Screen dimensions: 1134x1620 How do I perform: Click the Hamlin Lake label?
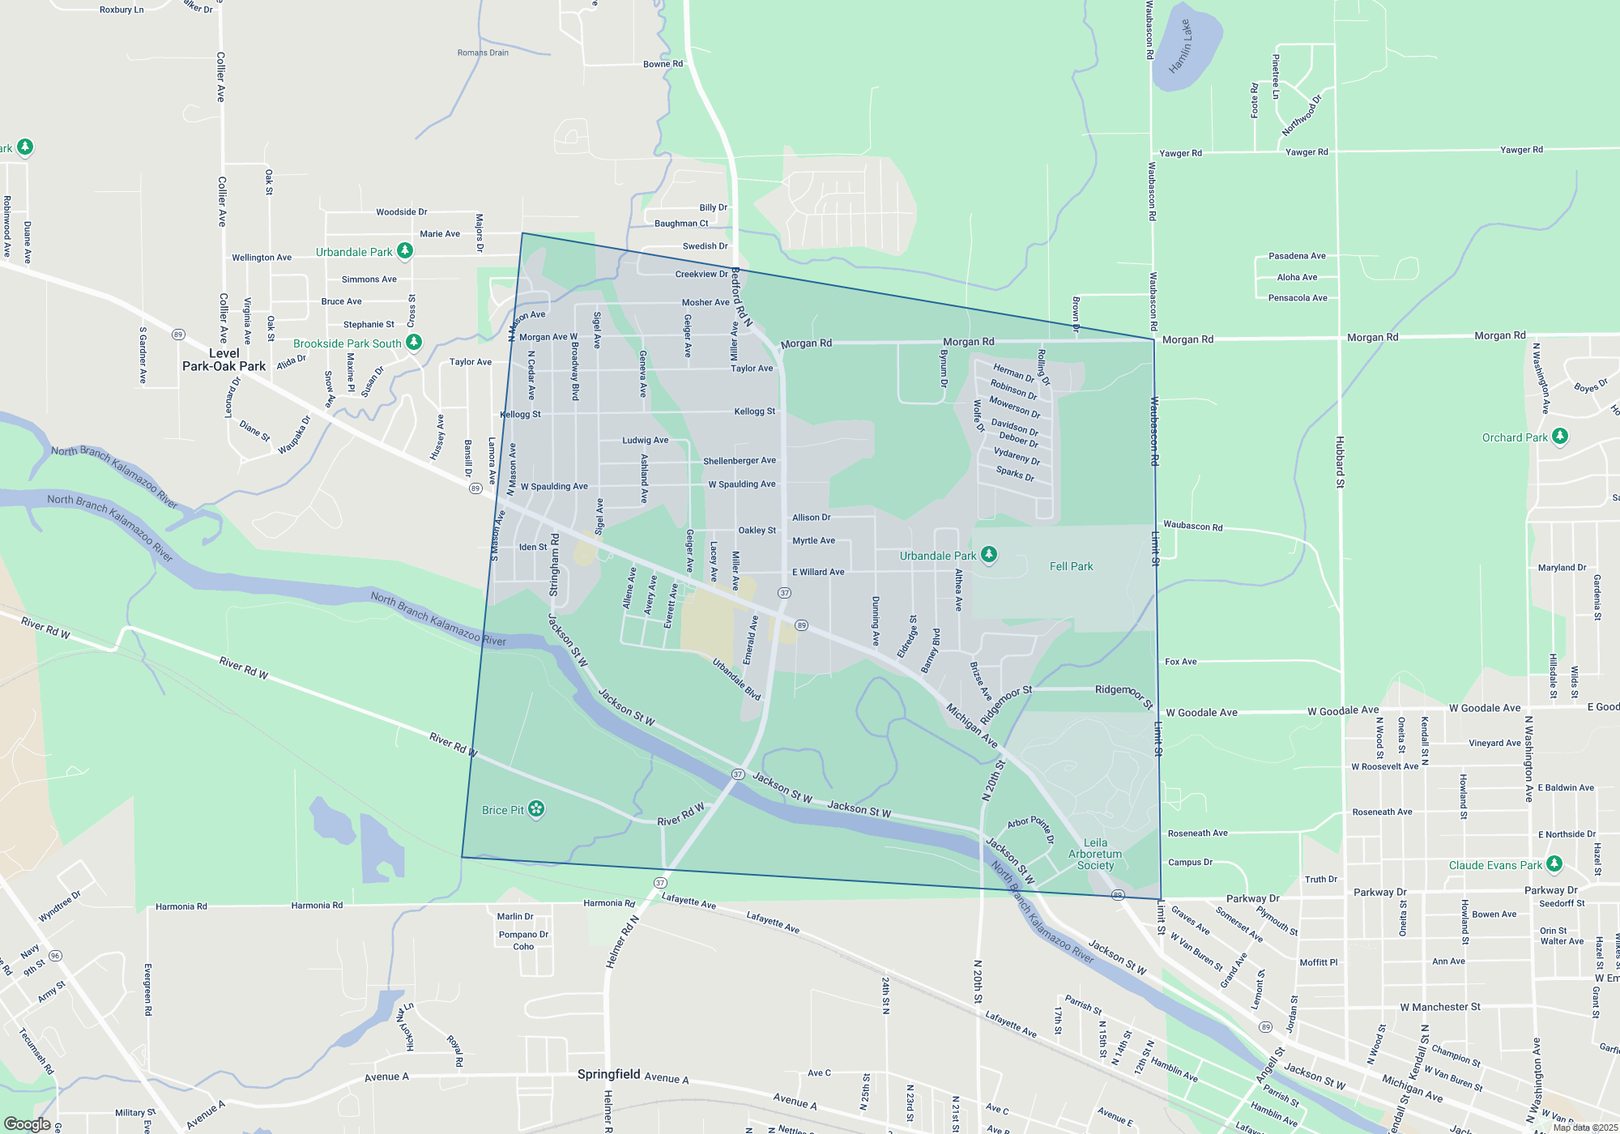pos(1182,47)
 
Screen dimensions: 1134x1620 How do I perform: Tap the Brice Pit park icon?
pos(536,809)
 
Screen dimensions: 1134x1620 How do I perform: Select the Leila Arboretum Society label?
pos(1095,855)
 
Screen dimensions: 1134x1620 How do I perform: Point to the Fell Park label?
pos(1071,566)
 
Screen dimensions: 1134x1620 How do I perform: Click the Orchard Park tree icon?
pos(1560,437)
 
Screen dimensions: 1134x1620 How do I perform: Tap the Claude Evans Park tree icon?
pos(1554,864)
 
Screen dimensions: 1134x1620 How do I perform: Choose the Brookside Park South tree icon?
pos(414,343)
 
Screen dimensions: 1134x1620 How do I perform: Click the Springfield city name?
pos(609,1074)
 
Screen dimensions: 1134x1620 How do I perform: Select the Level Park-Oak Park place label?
pos(224,360)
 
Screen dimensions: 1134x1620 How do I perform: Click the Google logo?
pos(28,1123)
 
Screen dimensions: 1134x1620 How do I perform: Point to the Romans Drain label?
pos(483,53)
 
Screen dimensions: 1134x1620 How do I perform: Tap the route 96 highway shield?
pos(55,956)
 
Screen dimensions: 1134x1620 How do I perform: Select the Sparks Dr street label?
pos(1015,473)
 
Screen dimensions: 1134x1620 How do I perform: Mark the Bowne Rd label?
pos(663,64)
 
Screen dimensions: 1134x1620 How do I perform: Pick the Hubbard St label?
pos(1340,462)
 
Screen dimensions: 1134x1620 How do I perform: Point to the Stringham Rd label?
pos(555,565)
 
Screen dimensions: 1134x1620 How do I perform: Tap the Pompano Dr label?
pos(523,934)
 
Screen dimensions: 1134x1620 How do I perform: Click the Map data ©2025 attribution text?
pos(1584,1128)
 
